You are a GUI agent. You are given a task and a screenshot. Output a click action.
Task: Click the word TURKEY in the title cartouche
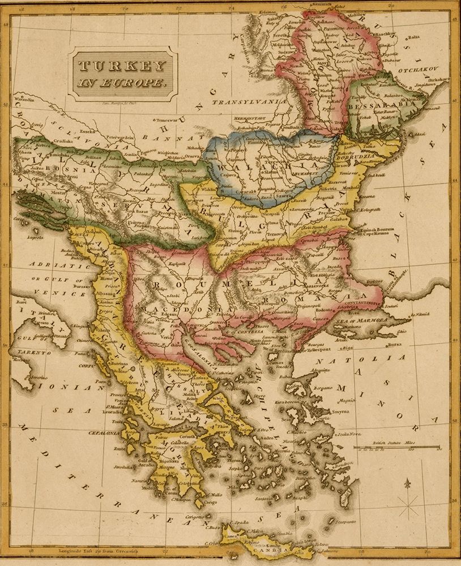[x=121, y=67]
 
